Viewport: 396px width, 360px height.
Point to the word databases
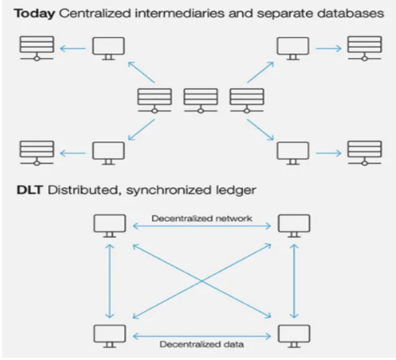tap(356, 13)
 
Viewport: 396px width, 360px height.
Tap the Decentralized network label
tap(202, 218)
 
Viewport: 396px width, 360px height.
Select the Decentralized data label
tap(202, 344)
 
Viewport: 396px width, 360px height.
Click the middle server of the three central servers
tap(200, 99)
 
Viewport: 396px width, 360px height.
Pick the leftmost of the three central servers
tap(154, 99)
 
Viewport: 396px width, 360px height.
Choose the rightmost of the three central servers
tap(247, 99)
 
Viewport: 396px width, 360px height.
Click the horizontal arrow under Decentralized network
tap(202, 227)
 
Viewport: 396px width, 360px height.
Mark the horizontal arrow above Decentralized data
tap(202, 335)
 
